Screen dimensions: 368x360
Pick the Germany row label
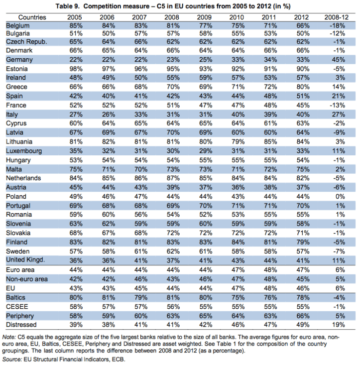(19, 59)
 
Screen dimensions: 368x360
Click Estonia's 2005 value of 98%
(75, 68)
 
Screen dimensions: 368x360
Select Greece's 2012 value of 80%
(304, 87)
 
